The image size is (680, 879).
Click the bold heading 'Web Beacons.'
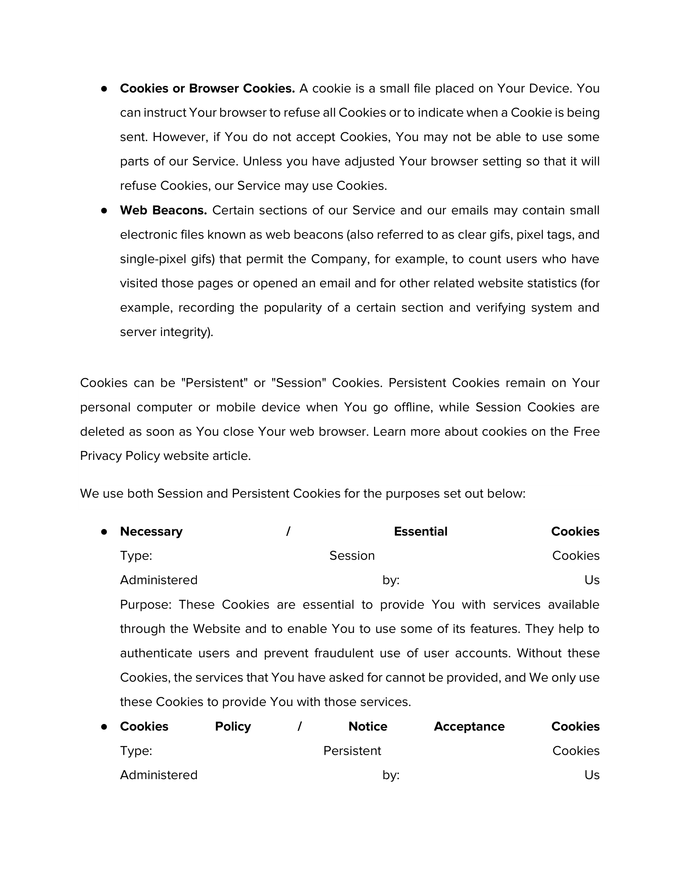tap(163, 210)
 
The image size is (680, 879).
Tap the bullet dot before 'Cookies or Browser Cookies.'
tap(104, 89)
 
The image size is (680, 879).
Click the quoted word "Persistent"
tap(215, 382)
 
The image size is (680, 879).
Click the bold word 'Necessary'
tap(151, 531)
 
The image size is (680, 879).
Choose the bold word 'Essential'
tap(420, 531)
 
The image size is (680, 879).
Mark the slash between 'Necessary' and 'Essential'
tap(288, 531)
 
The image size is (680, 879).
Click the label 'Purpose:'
tap(146, 605)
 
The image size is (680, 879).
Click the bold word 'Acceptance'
tap(469, 726)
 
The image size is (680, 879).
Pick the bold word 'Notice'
tap(368, 726)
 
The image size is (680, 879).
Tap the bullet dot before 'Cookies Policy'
tap(104, 726)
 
